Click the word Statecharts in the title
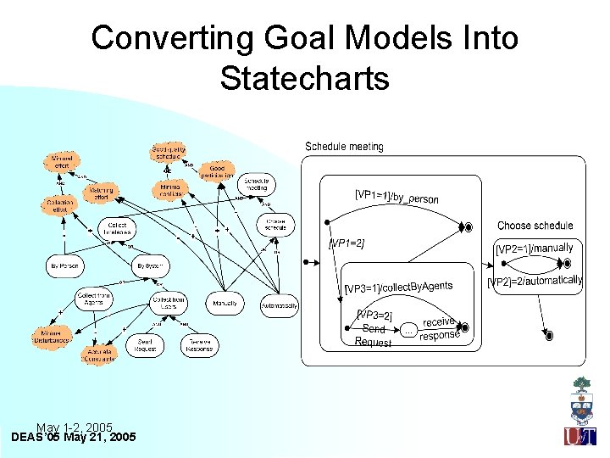304,78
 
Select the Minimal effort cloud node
62,160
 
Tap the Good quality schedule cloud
168,153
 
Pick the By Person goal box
64,266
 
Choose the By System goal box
149,266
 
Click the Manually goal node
225,303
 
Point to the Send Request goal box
146,344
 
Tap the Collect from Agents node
95,300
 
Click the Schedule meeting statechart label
344,147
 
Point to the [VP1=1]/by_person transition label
396,197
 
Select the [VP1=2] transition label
347,243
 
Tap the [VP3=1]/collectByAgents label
398,288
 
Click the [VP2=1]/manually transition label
535,249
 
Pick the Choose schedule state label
535,226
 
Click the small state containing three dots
408,331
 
